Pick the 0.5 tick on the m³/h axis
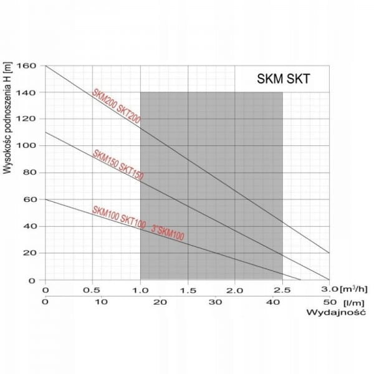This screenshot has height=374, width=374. (x=92, y=290)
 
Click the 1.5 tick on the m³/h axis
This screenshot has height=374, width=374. (x=188, y=290)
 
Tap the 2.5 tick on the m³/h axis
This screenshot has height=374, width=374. (x=282, y=290)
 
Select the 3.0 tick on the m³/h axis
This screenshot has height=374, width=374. (x=328, y=290)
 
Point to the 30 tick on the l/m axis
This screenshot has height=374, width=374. (x=216, y=302)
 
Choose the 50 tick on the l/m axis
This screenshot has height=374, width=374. (x=329, y=302)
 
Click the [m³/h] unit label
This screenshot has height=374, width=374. (x=352, y=290)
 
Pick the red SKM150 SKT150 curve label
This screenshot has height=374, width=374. (x=118, y=166)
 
